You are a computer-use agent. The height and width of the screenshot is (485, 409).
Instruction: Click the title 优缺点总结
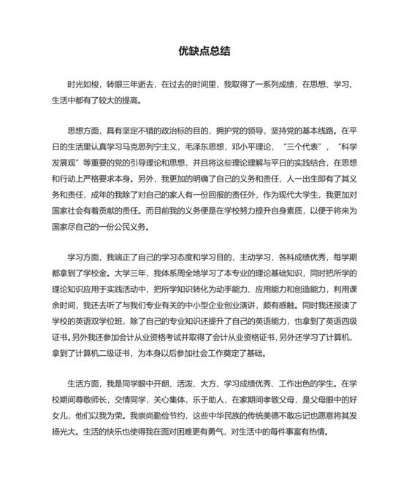204,52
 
